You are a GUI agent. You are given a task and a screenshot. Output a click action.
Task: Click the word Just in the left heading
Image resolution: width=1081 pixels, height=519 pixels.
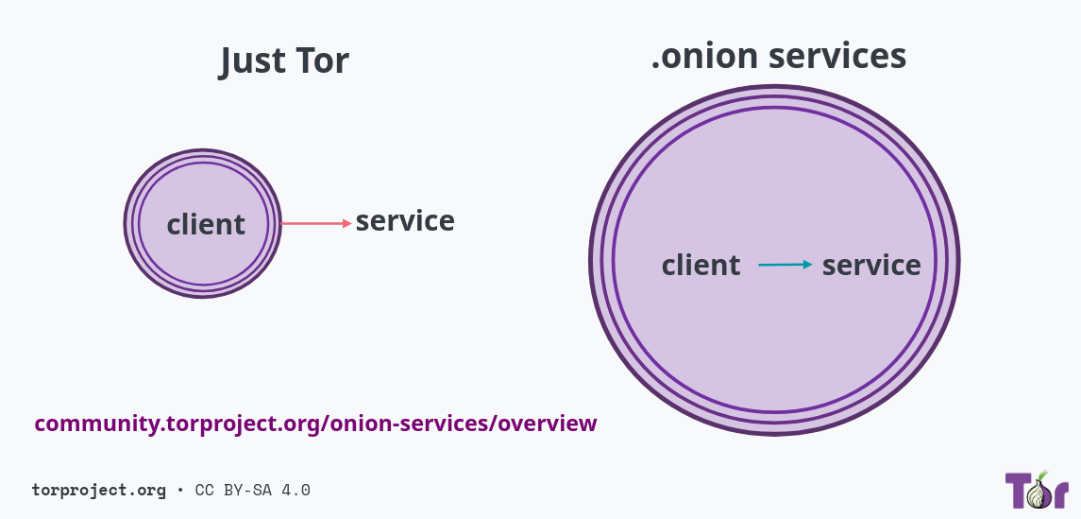253,61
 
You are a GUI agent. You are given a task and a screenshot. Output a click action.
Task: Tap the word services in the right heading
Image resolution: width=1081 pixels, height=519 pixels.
837,56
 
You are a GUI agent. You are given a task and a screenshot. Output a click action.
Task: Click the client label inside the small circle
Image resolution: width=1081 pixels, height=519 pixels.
206,225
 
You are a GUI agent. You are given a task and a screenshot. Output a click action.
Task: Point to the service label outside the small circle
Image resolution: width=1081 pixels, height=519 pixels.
405,221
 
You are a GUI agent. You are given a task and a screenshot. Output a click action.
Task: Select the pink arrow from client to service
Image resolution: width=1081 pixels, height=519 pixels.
316,223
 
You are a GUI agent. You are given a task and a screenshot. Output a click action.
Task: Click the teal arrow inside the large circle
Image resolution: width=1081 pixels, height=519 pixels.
785,265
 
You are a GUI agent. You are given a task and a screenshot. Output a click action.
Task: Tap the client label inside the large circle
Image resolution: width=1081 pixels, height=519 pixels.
701,266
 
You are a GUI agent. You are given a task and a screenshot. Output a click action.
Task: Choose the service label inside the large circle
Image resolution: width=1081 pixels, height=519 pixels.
871,266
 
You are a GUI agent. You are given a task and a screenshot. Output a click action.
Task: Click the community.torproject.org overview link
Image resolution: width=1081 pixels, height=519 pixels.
315,424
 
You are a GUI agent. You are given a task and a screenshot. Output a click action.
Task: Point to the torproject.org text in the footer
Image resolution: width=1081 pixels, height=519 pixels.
98,490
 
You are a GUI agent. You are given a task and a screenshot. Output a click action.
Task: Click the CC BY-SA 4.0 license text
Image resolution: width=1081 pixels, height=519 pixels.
253,490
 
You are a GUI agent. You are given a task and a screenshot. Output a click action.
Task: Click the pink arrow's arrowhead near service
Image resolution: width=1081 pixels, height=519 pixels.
346,223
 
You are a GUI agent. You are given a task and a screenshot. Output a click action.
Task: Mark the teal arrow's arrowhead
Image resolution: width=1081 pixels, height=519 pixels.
807,265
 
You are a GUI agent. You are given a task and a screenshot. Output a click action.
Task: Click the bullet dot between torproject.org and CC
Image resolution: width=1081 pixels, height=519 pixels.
179,491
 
